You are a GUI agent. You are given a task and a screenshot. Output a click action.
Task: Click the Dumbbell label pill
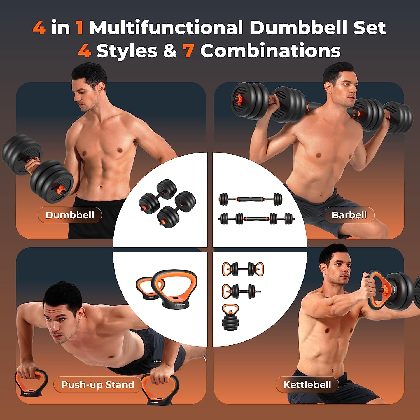[70, 215]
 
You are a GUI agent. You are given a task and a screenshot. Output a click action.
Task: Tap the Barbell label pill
[349, 215]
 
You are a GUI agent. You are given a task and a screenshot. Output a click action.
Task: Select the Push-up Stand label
[98, 385]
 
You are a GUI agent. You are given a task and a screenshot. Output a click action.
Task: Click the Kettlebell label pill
[307, 385]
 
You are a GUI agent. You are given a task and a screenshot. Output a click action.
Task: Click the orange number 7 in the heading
[188, 51]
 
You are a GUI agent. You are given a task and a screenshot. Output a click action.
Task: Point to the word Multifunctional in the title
[166, 28]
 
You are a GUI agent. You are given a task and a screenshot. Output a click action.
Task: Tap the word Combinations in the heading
[270, 51]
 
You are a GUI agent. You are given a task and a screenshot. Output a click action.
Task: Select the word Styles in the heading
[127, 51]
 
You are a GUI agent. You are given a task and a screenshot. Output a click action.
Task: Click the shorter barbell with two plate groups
[251, 199]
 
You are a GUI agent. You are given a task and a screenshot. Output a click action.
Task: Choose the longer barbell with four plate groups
[256, 218]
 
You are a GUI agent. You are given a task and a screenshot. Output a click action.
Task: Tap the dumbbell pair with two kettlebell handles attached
[243, 269]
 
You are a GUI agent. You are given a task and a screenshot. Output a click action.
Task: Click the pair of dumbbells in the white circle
[167, 204]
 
